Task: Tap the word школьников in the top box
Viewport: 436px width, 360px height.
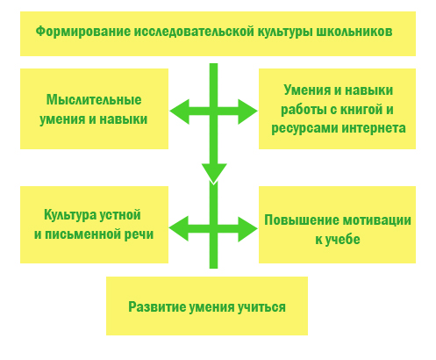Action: (x=354, y=32)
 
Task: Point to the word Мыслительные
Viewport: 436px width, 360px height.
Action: (x=94, y=100)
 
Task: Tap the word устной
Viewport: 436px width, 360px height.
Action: (x=120, y=215)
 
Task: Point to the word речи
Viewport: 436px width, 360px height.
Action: (x=139, y=234)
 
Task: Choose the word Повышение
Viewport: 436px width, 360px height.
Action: (x=301, y=220)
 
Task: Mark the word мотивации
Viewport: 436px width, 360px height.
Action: (x=376, y=220)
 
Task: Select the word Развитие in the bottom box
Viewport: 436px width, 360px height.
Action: (x=156, y=306)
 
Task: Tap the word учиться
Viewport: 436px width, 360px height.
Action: (x=261, y=307)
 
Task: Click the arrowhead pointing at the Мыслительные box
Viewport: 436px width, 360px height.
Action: (x=179, y=112)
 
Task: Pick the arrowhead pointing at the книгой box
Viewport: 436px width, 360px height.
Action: (x=248, y=112)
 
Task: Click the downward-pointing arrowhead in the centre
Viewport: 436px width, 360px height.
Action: (x=214, y=173)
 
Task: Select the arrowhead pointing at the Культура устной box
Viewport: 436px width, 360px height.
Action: (x=178, y=229)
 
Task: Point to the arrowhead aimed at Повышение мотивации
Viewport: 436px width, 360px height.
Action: (x=248, y=229)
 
